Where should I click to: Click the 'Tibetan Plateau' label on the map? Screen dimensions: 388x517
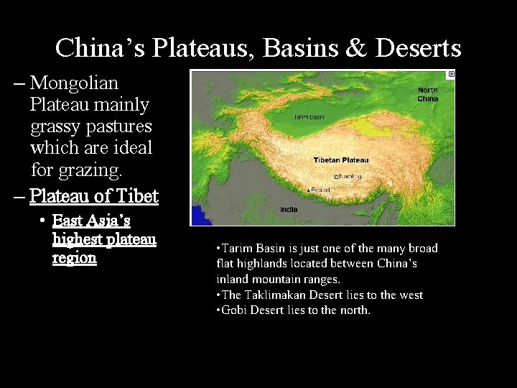pos(341,160)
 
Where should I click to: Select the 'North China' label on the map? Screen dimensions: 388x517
pos(427,94)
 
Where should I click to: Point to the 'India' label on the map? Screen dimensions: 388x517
pos(288,209)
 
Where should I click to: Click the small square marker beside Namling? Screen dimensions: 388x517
pos(337,177)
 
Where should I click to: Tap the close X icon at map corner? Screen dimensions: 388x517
pos(450,74)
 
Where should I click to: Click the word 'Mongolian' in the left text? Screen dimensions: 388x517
pos(74,83)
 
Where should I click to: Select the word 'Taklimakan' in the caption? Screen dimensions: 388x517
pos(274,295)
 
